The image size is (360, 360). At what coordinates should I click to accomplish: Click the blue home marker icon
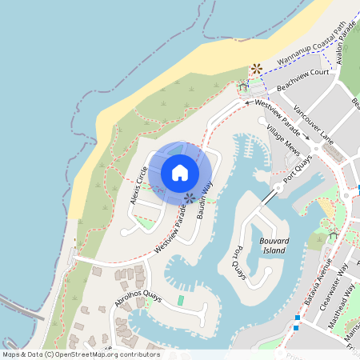click(x=180, y=172)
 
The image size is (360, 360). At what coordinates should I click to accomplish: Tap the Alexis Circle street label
click(x=138, y=186)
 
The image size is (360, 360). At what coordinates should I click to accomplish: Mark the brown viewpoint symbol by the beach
click(x=256, y=70)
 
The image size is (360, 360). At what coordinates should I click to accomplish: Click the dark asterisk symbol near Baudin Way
click(x=190, y=198)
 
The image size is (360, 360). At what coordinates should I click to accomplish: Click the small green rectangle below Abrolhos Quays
click(x=181, y=300)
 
